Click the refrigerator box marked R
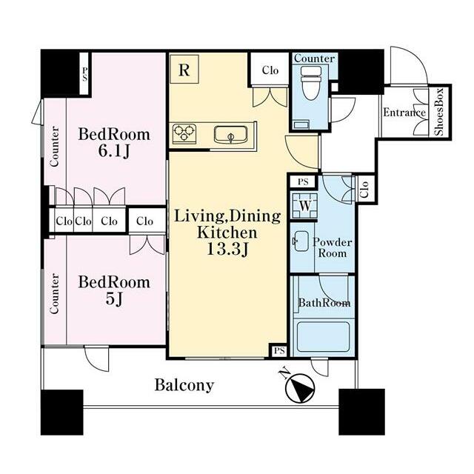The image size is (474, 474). point(184,69)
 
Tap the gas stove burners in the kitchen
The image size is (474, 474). point(184,133)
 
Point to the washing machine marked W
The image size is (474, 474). point(304,206)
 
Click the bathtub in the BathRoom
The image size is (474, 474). point(324,337)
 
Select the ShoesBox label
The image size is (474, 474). point(439,112)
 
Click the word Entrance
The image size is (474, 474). point(404,113)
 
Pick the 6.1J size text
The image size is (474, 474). point(114,151)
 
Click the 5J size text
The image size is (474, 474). point(114,299)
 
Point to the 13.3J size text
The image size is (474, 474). point(227,250)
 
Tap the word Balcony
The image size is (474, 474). point(184,385)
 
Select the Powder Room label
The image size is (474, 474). point(333,247)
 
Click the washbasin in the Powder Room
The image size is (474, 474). point(301,241)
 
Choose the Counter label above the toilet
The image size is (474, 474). point(314,59)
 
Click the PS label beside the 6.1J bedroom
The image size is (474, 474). point(84,74)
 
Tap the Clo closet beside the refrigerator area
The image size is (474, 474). point(270,70)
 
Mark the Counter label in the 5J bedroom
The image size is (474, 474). point(54,293)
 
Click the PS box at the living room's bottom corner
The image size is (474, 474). point(279,350)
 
